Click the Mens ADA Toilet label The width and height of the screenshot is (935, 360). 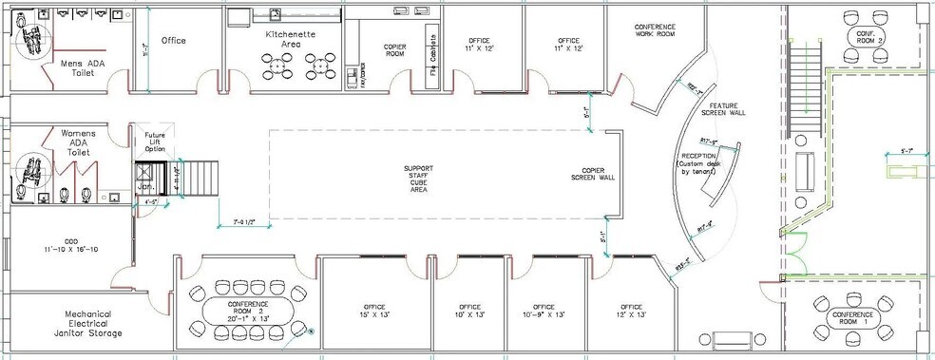[82, 68]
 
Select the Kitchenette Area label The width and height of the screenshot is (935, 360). [291, 38]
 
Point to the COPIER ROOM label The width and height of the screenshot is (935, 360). [395, 50]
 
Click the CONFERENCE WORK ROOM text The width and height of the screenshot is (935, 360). [655, 29]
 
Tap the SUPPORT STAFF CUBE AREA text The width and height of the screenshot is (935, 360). [418, 178]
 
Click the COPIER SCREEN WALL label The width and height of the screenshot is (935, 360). [593, 174]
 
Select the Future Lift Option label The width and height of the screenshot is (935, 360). [154, 142]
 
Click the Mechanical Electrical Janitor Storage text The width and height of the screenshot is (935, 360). [93, 324]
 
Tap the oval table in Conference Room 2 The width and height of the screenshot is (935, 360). [249, 310]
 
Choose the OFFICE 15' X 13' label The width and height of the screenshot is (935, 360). [372, 311]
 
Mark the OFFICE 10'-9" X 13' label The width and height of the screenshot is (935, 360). [544, 311]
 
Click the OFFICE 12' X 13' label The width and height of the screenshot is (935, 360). [631, 311]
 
